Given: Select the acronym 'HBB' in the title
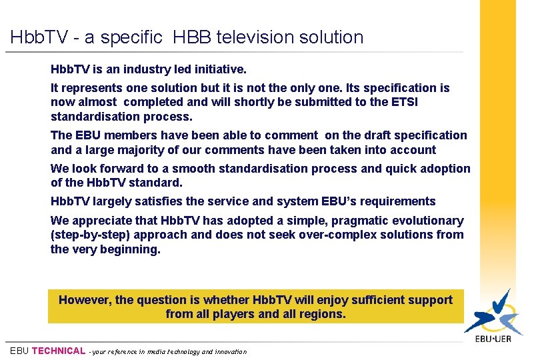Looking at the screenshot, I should (x=191, y=37).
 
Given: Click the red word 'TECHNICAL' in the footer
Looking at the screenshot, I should (x=59, y=351).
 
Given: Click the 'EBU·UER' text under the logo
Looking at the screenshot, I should (x=493, y=339).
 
